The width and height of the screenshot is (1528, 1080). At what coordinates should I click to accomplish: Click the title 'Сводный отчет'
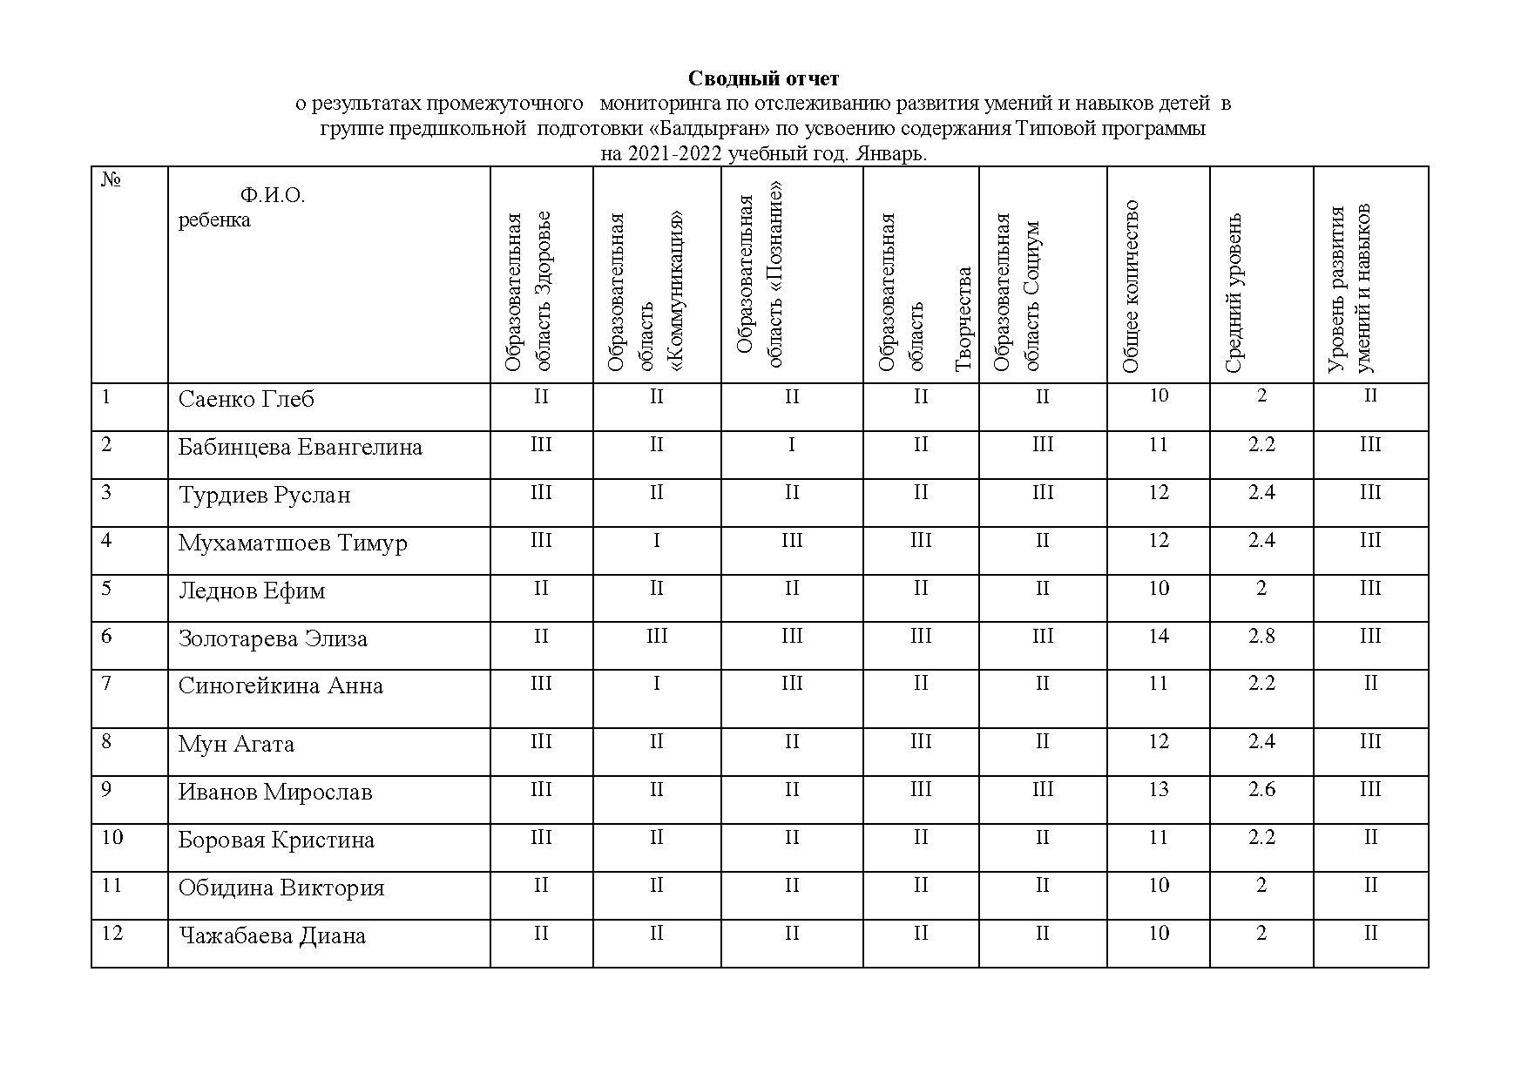(763, 79)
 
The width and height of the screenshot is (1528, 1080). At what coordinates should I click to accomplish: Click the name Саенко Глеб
(246, 400)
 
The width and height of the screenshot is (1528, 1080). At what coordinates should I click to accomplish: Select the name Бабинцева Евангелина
(300, 448)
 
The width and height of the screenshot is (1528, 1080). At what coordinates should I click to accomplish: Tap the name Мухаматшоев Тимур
(293, 543)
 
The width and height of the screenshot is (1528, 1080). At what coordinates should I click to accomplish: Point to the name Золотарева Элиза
(273, 639)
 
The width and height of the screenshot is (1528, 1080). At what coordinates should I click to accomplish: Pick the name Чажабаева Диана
(272, 936)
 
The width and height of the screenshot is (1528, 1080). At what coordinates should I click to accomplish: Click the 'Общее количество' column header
(1131, 287)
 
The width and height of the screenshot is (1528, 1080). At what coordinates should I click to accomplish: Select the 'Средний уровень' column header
(1234, 293)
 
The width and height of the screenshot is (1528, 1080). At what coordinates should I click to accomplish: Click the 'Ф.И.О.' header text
(272, 195)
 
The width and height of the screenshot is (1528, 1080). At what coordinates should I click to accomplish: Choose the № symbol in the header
(111, 180)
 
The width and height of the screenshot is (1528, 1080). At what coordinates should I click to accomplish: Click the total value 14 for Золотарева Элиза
(1158, 637)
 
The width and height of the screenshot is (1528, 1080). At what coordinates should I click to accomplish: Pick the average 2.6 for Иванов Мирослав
(1261, 790)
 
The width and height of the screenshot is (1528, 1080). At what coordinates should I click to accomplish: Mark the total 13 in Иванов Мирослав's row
(1158, 790)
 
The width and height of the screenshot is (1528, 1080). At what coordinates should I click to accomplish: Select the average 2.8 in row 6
(1261, 637)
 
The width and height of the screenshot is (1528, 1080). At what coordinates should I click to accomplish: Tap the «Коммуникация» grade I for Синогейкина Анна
(656, 684)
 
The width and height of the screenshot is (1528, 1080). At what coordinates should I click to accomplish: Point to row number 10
(112, 838)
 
